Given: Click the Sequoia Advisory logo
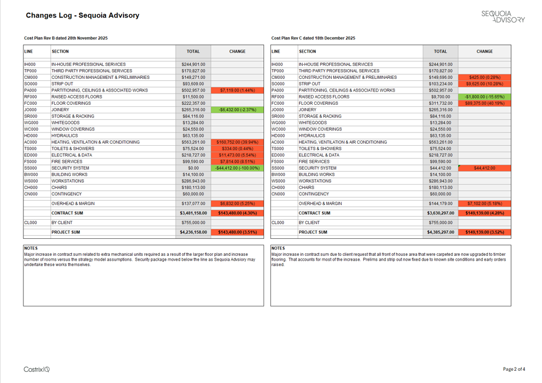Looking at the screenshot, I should [x=503, y=16].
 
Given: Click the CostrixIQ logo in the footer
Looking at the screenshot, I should [x=37, y=369].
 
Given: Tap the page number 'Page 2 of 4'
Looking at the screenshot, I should [x=514, y=369].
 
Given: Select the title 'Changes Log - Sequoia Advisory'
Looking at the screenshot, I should [x=83, y=15].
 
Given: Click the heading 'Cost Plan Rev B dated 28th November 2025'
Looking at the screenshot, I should [x=66, y=38].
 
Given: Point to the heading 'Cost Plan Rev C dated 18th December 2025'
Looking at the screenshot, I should [x=313, y=38].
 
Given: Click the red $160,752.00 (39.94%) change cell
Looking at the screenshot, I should [x=237, y=142].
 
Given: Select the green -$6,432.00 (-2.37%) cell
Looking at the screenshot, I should [x=237, y=110].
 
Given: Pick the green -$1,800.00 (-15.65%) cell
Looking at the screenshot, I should [x=484, y=97].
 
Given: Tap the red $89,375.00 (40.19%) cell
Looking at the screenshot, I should [x=484, y=103].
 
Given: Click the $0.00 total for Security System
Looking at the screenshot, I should [x=193, y=168].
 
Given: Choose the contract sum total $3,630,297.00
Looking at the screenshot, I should [x=440, y=213].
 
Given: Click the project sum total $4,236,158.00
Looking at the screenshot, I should [x=193, y=232].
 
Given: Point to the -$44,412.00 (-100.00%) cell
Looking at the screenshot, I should [x=237, y=168].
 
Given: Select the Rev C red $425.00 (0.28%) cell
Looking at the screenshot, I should [x=484, y=77].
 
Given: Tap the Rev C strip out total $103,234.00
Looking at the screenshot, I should [x=440, y=84].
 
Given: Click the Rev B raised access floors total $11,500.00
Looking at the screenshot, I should [x=193, y=97].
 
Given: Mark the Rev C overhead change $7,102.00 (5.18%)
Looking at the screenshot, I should [x=484, y=203].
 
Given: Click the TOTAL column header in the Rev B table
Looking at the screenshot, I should [x=193, y=52].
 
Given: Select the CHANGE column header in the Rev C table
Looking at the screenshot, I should [x=484, y=52].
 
